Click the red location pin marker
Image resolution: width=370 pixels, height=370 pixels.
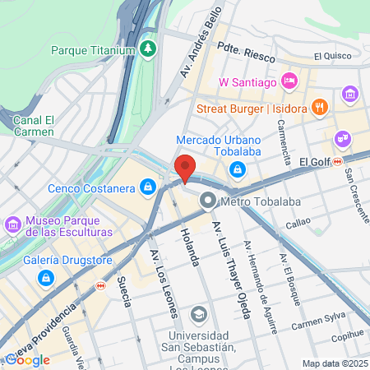pyautogui.click(x=186, y=168)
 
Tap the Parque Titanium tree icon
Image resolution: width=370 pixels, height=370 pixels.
pyautogui.click(x=148, y=49)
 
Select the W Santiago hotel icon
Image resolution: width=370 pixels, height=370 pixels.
pyautogui.click(x=289, y=81)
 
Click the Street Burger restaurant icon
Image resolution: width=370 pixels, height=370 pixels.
pyautogui.click(x=321, y=107)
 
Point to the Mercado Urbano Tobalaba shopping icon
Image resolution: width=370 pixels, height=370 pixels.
pyautogui.click(x=237, y=169)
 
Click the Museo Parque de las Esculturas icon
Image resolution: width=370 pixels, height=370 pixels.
pyautogui.click(x=13, y=224)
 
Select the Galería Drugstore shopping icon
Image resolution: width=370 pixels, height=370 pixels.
pyautogui.click(x=46, y=279)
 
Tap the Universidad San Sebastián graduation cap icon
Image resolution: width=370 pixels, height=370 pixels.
pyautogui.click(x=198, y=314)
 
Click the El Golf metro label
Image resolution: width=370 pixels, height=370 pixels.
pyautogui.click(x=314, y=162)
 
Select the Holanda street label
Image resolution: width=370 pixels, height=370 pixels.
pyautogui.click(x=187, y=247)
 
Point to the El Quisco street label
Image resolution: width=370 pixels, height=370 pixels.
pyautogui.click(x=332, y=57)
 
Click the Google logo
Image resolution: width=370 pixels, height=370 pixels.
pyautogui.click(x=28, y=359)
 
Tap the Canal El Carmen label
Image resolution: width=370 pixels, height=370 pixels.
pyautogui.click(x=34, y=126)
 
